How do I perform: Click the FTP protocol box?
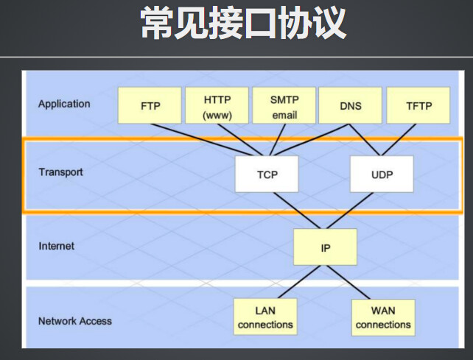(150, 105)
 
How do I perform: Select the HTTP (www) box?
(217, 105)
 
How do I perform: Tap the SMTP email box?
(284, 105)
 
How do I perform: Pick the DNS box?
(351, 105)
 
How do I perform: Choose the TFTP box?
(418, 105)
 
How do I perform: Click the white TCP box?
(267, 174)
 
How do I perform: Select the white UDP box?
(382, 174)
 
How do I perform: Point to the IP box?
(325, 247)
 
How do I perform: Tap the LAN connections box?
(265, 317)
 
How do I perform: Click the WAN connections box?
(383, 317)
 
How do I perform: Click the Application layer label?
(64, 104)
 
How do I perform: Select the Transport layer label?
(60, 172)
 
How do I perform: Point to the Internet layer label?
(57, 246)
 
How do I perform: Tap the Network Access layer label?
(75, 321)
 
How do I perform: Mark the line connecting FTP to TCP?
(202, 140)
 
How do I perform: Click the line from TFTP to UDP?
(399, 140)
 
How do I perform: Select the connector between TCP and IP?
(297, 211)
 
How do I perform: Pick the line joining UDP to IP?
(350, 211)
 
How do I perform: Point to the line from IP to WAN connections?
(348, 282)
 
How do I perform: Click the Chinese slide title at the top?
(243, 23)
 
